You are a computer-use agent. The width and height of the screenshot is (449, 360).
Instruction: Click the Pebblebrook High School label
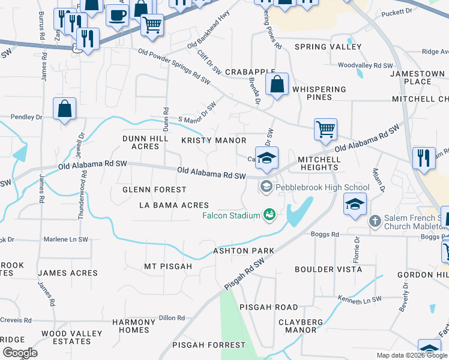pyautogui.click(x=314, y=188)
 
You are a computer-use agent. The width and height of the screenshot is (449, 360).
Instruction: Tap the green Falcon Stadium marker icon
pyautogui.click(x=270, y=214)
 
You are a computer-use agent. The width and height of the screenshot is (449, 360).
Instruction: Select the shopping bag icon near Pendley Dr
pyautogui.click(x=64, y=110)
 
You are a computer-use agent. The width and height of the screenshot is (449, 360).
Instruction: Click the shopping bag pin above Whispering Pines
pyautogui.click(x=277, y=85)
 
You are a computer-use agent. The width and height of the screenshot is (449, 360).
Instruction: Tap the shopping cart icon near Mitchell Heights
pyautogui.click(x=325, y=128)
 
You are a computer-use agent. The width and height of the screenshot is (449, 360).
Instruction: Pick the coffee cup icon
pyautogui.click(x=117, y=14)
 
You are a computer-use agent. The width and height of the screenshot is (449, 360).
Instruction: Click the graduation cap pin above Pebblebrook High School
pyautogui.click(x=267, y=158)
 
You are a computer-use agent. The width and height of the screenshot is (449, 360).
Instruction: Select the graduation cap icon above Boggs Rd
pyautogui.click(x=355, y=204)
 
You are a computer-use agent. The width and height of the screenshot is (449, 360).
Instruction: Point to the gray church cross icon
pyautogui.click(x=375, y=221)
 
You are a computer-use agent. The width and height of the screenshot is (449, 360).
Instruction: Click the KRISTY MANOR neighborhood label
pyautogui.click(x=214, y=140)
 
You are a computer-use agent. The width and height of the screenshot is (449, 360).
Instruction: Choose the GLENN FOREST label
pyautogui.click(x=147, y=189)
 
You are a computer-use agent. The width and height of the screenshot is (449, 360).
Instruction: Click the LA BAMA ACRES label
pyautogui.click(x=173, y=205)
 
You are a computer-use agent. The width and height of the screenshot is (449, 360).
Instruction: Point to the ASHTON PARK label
pyautogui.click(x=244, y=250)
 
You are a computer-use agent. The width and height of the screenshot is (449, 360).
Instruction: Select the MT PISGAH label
pyautogui.click(x=167, y=266)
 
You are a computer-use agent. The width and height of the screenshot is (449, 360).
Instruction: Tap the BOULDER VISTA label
pyautogui.click(x=328, y=269)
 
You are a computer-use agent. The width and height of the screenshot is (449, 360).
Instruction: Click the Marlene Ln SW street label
pyautogui.click(x=66, y=239)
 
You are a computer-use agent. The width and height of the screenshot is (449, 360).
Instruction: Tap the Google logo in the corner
pyautogui.click(x=19, y=353)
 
